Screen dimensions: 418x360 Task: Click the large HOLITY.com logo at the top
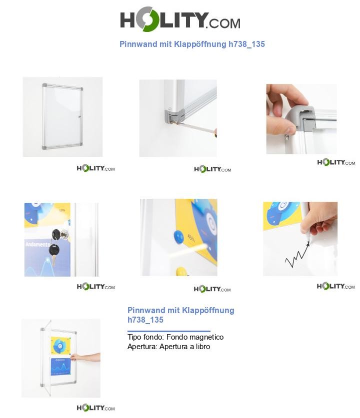[x=180, y=20]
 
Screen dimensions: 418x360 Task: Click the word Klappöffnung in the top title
[x=200, y=44]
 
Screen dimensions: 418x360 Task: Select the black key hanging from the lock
[x=54, y=249]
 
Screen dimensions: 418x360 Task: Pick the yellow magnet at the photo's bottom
[x=180, y=272]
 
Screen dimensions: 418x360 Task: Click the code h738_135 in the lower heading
[x=145, y=320]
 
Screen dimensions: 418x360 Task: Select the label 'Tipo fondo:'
[x=144, y=337]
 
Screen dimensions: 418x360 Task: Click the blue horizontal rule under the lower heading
[x=168, y=331]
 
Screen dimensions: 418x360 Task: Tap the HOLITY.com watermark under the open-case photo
[x=95, y=408]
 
